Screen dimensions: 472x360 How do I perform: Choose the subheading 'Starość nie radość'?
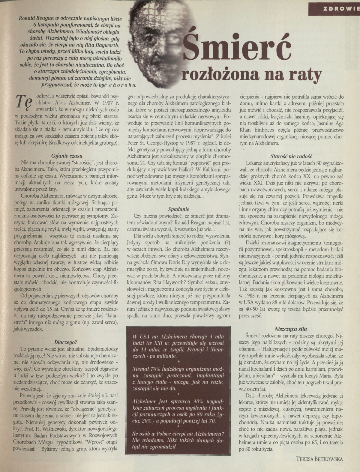292,156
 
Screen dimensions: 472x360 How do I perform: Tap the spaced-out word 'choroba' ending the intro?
118,85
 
